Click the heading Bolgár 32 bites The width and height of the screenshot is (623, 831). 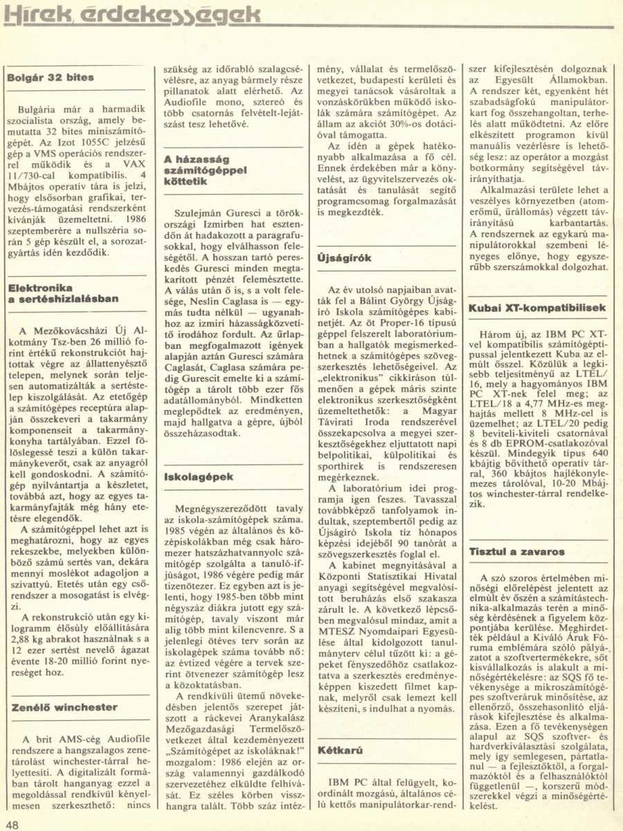point(51,78)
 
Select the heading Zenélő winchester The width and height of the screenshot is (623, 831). point(64,707)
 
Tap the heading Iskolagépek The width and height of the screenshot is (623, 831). point(199,477)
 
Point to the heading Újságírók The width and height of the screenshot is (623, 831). point(344,258)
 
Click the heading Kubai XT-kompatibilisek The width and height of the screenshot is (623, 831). point(537,307)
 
